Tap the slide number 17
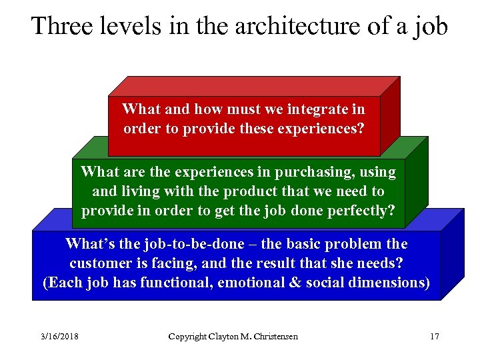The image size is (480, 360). coord(434,337)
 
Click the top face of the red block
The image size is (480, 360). coord(253,87)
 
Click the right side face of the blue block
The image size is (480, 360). coord(451,257)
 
